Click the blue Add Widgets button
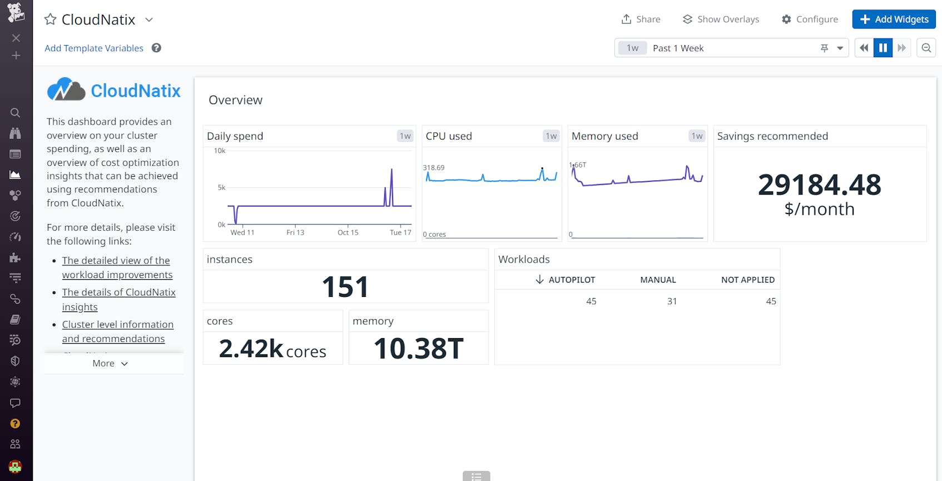pyautogui.click(x=894, y=19)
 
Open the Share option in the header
pyautogui.click(x=641, y=19)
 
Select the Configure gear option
pyautogui.click(x=810, y=19)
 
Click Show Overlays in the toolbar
pyautogui.click(x=721, y=19)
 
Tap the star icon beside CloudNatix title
pyautogui.click(x=51, y=19)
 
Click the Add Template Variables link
pyautogui.click(x=94, y=48)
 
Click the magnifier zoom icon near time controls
pyautogui.click(x=926, y=48)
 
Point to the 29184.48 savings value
pyautogui.click(x=819, y=185)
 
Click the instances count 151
pyautogui.click(x=345, y=287)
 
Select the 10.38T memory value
pyautogui.click(x=418, y=349)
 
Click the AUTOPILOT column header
pyautogui.click(x=571, y=280)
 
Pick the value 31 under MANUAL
pyautogui.click(x=672, y=301)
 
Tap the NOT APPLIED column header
pyautogui.click(x=747, y=280)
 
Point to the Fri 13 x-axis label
pyautogui.click(x=295, y=232)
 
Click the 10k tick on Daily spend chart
pyautogui.click(x=220, y=151)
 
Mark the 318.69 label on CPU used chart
pyautogui.click(x=434, y=167)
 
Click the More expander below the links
pyautogui.click(x=110, y=363)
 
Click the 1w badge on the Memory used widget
pyautogui.click(x=697, y=136)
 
